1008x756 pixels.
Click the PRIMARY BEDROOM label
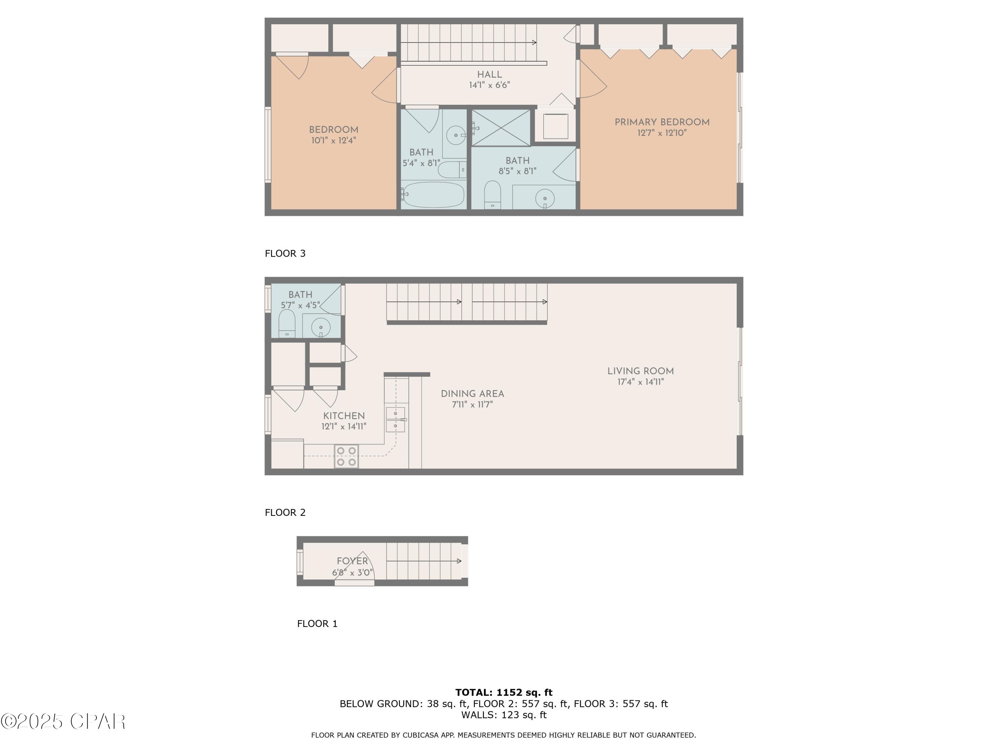pyautogui.click(x=662, y=122)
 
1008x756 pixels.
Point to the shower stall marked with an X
pyautogui.click(x=501, y=128)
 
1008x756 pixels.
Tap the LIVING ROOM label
pyautogui.click(x=640, y=371)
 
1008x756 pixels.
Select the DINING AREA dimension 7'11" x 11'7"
pyautogui.click(x=472, y=405)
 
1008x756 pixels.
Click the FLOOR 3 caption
pyautogui.click(x=285, y=253)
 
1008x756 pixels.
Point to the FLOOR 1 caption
pyautogui.click(x=317, y=623)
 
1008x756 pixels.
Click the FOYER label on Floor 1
pyautogui.click(x=352, y=561)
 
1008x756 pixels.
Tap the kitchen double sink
pyautogui.click(x=395, y=420)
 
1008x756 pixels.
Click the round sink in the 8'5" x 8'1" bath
pyautogui.click(x=545, y=198)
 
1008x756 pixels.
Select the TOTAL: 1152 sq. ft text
pyautogui.click(x=504, y=692)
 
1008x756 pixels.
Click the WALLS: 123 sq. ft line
pyautogui.click(x=504, y=715)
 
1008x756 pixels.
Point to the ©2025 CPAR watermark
pyautogui.click(x=63, y=721)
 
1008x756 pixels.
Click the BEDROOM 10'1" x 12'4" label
pyautogui.click(x=334, y=135)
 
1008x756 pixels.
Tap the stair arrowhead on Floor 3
pyautogui.click(x=534, y=43)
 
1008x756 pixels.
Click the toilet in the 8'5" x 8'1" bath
pyautogui.click(x=492, y=195)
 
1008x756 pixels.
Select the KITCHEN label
pyautogui.click(x=344, y=416)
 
